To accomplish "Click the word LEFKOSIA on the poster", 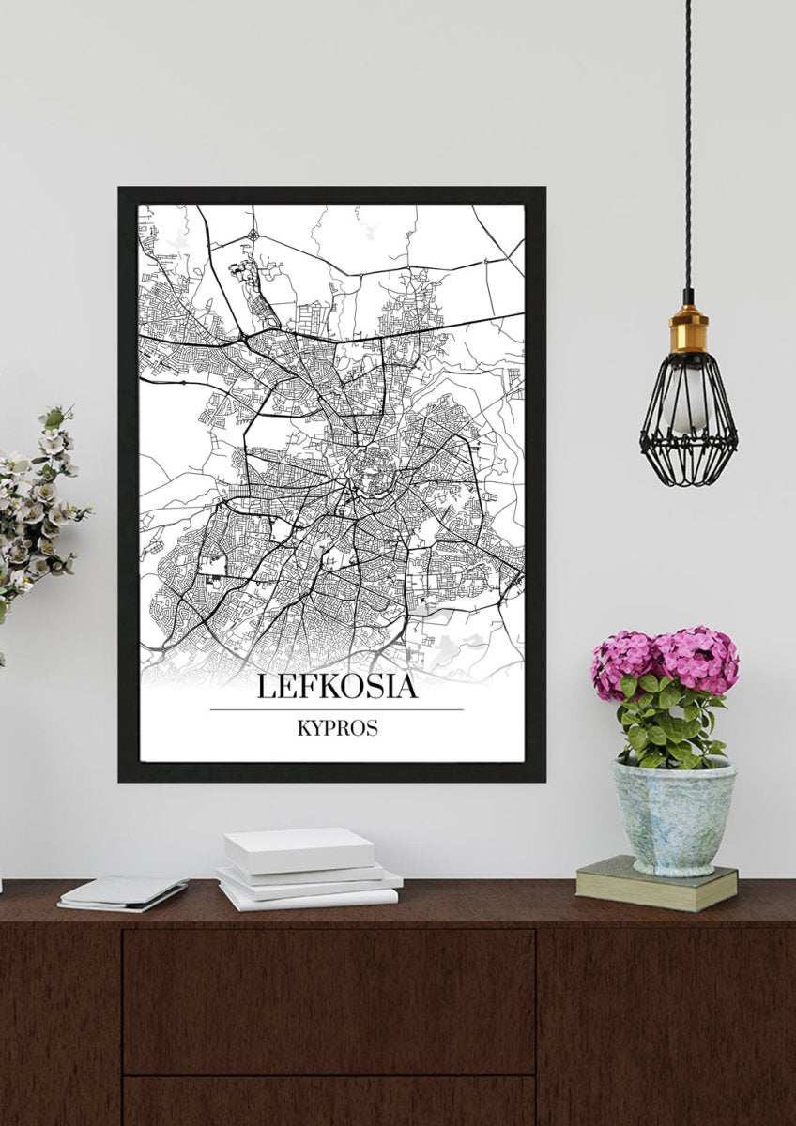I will click(x=336, y=686).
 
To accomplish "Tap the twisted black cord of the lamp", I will click(x=688, y=141).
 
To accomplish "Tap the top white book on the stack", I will click(x=298, y=849).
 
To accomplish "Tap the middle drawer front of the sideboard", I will click(x=329, y=999).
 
